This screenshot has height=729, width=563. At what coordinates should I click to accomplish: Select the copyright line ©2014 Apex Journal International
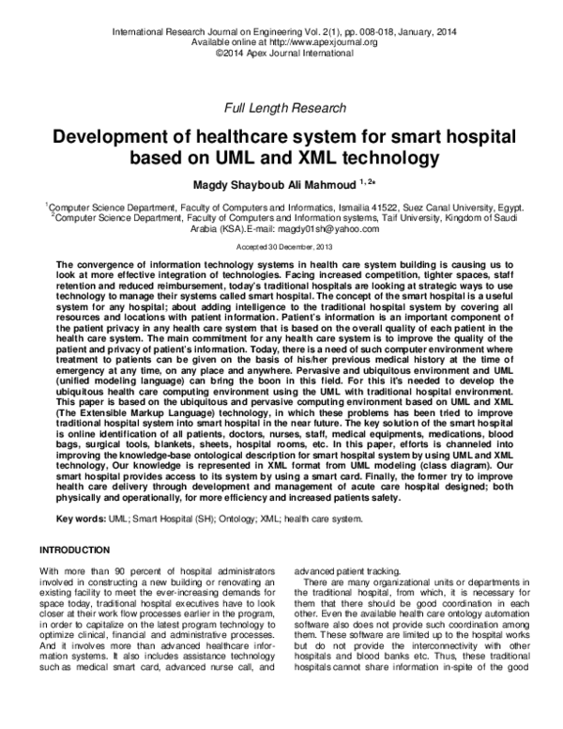click(281, 54)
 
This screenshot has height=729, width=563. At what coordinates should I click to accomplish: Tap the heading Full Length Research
click(281, 109)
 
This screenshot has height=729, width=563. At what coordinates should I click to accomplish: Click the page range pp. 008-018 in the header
click(365, 32)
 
